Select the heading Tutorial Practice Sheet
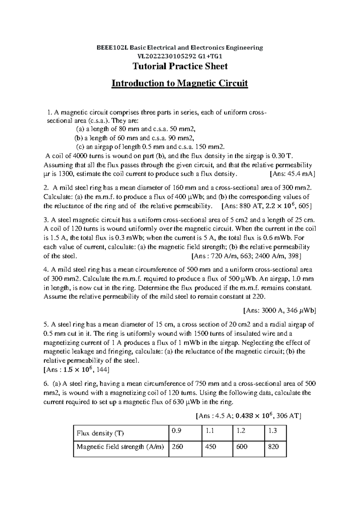180,66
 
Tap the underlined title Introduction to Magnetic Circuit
180,83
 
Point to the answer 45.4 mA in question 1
300,174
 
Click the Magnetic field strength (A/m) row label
120,447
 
